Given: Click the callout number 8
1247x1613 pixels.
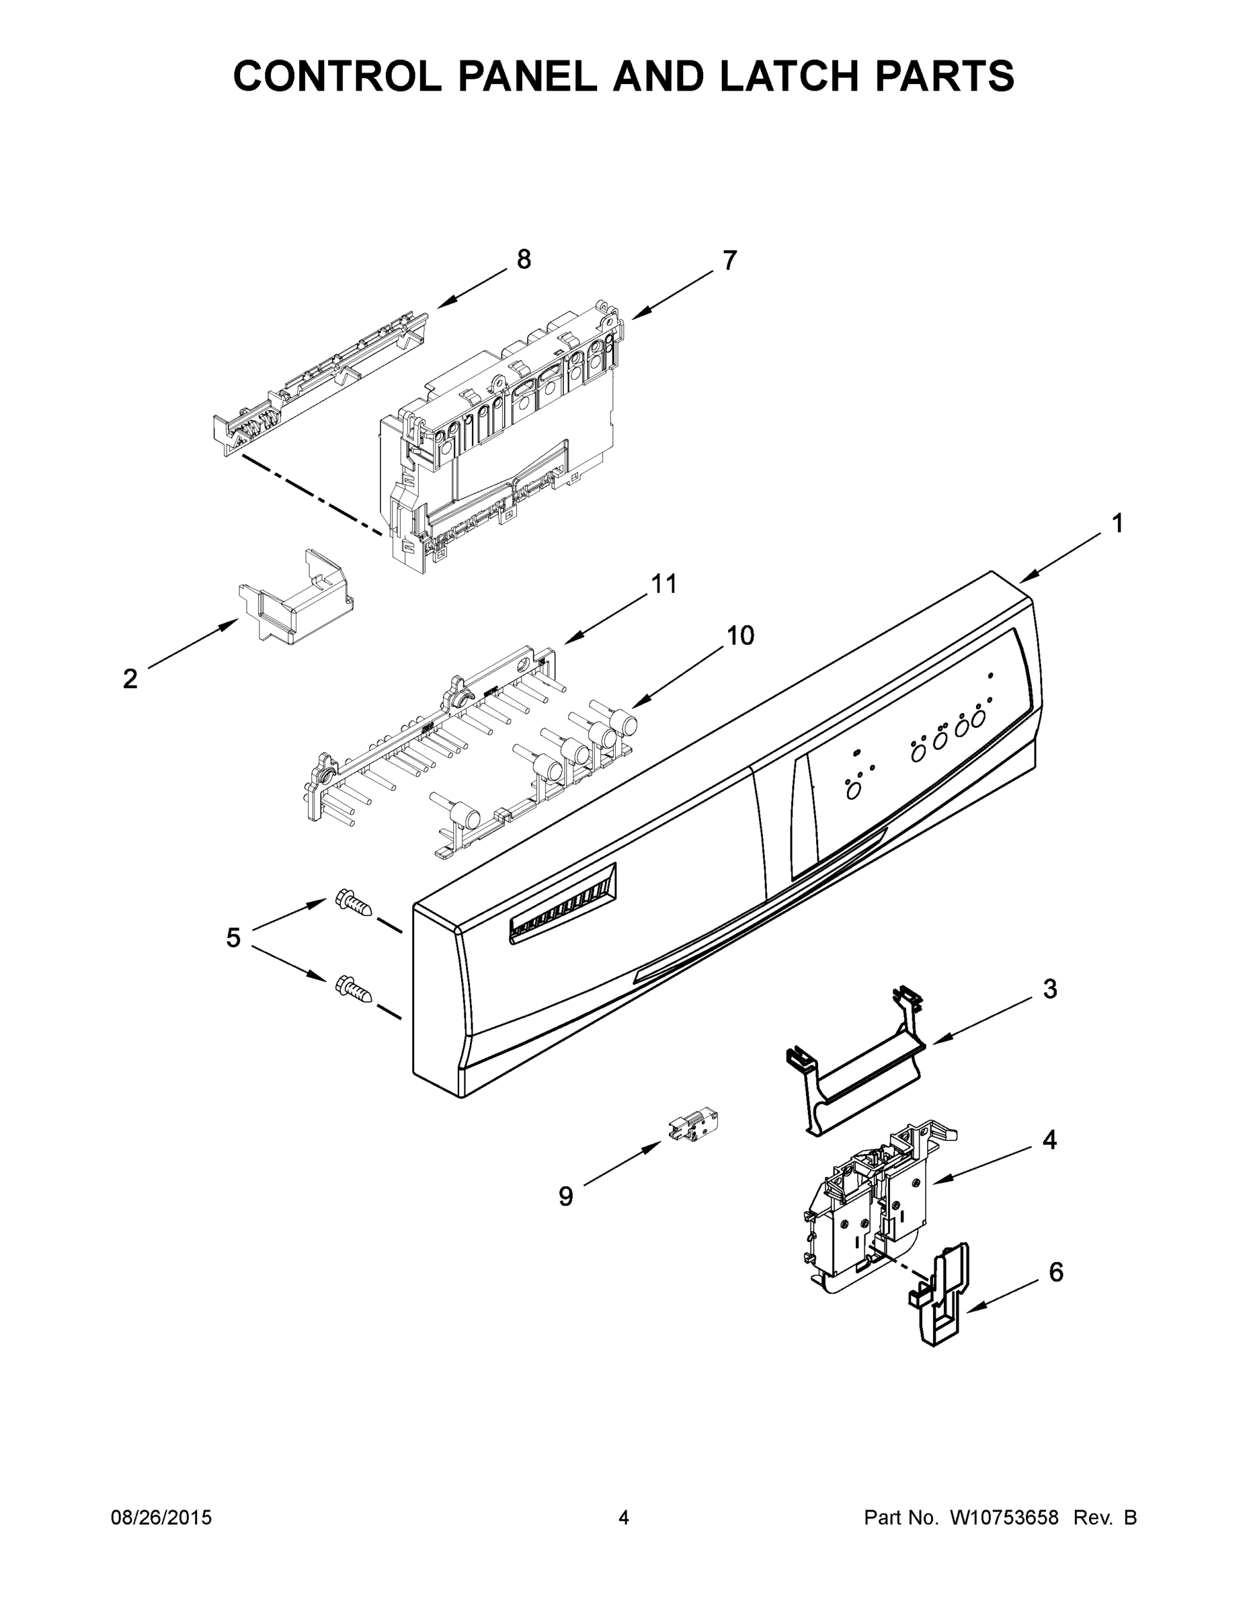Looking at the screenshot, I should point(523,260).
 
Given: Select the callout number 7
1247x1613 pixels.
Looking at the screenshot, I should point(729,261).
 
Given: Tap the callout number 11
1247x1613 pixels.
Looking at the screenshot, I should point(663,584).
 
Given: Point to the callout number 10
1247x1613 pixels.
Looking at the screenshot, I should point(740,635).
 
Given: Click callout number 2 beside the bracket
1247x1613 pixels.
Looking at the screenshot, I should point(130,679).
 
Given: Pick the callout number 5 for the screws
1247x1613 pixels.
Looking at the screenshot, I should point(233,938).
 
